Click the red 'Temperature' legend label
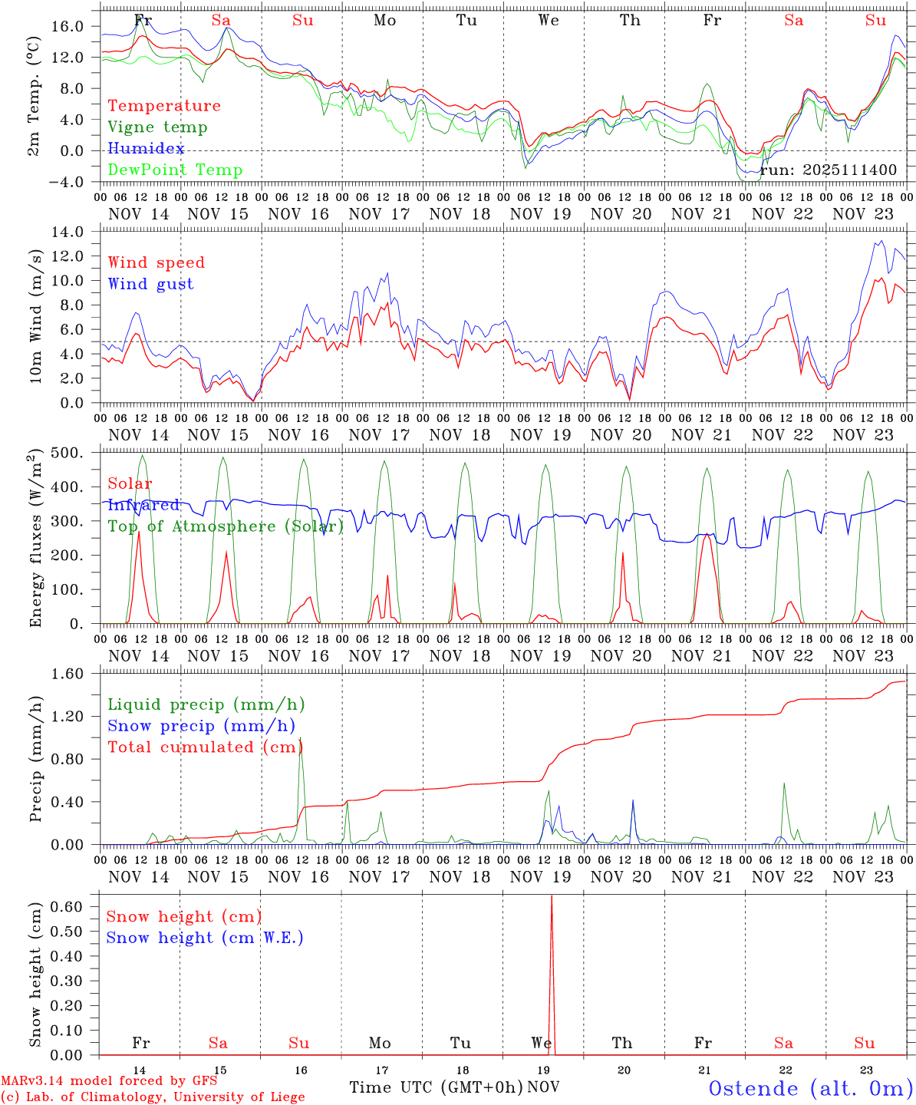(x=163, y=106)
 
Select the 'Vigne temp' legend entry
(x=157, y=127)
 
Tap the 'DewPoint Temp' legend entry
(x=175, y=170)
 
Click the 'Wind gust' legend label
(x=150, y=284)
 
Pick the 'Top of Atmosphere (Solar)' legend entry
(x=226, y=526)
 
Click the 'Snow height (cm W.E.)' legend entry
(x=205, y=938)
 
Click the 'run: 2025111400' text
(x=829, y=170)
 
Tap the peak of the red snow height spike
(x=552, y=896)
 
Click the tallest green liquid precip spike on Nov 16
(x=300, y=739)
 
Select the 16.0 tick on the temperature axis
(x=68, y=26)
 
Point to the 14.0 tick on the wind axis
(x=68, y=232)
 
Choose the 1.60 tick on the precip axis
(x=68, y=674)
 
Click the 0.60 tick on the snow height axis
(x=68, y=906)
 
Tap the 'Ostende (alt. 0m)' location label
(x=810, y=1088)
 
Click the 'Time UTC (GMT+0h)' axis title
(x=436, y=1087)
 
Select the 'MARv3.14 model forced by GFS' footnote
(x=109, y=1080)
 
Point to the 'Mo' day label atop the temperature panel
(x=385, y=21)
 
